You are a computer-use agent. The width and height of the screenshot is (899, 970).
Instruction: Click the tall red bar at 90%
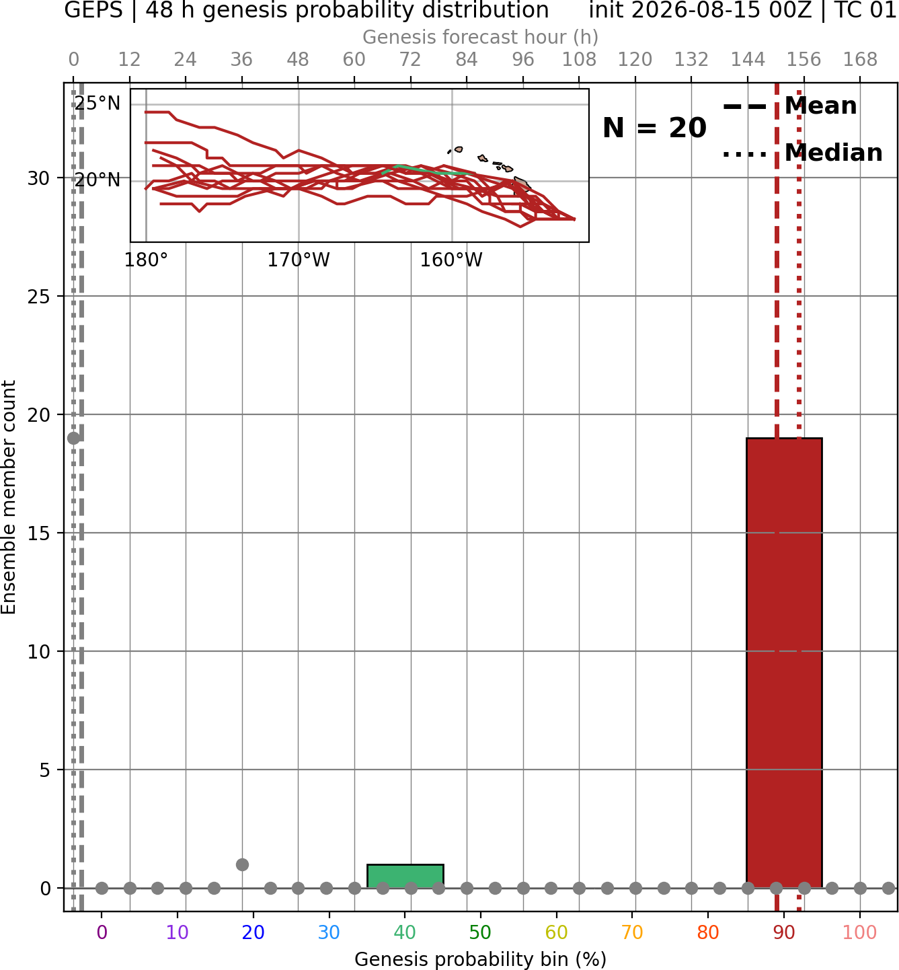coord(784,663)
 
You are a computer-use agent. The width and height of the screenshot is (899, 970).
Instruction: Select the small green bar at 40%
coord(405,876)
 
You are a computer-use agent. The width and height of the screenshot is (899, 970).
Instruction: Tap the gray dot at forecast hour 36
coord(242,864)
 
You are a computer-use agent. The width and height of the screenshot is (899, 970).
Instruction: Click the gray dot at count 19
coord(74,438)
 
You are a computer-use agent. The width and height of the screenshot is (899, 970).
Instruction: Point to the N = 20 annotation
coord(654,128)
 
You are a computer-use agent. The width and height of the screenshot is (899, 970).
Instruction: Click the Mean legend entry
coord(789,106)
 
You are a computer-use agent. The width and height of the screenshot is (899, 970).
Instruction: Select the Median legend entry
coord(803,153)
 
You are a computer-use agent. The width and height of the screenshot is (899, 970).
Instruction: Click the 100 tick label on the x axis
coord(859,932)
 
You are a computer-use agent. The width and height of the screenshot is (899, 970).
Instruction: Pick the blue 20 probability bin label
coord(253,932)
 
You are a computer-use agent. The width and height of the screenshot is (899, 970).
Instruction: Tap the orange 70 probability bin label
coord(632,932)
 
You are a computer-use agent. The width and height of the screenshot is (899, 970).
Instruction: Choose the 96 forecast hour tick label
coord(523,60)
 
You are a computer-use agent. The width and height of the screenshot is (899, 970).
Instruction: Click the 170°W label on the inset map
coord(299,260)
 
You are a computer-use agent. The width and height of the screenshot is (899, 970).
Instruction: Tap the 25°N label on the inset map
coord(97,104)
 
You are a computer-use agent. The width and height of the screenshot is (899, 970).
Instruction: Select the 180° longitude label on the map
coord(146,260)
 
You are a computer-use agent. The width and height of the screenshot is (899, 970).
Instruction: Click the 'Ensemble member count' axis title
coord(8,497)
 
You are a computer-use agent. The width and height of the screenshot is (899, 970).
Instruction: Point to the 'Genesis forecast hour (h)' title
coord(481,37)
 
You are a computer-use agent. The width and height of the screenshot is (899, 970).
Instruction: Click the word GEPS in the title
coord(93,10)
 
